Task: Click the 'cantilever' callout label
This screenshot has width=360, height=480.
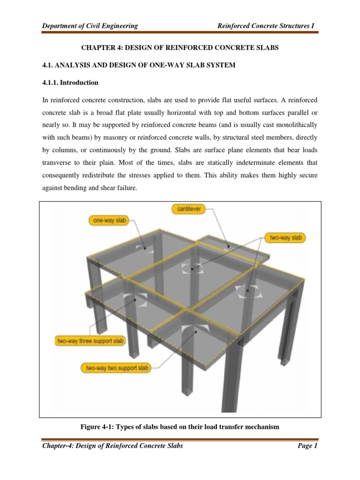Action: click(x=188, y=209)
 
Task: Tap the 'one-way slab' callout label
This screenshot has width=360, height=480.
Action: click(x=108, y=220)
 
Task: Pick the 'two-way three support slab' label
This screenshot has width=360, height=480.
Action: click(x=90, y=341)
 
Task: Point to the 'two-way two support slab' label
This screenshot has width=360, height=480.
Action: click(x=116, y=368)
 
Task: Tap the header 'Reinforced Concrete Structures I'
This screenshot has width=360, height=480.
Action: click(x=266, y=26)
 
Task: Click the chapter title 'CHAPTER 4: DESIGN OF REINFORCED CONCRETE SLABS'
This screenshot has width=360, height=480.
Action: click(x=180, y=48)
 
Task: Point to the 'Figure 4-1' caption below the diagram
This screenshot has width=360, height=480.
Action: click(x=180, y=427)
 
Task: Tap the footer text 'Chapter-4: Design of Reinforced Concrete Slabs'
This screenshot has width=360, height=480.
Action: click(x=112, y=446)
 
